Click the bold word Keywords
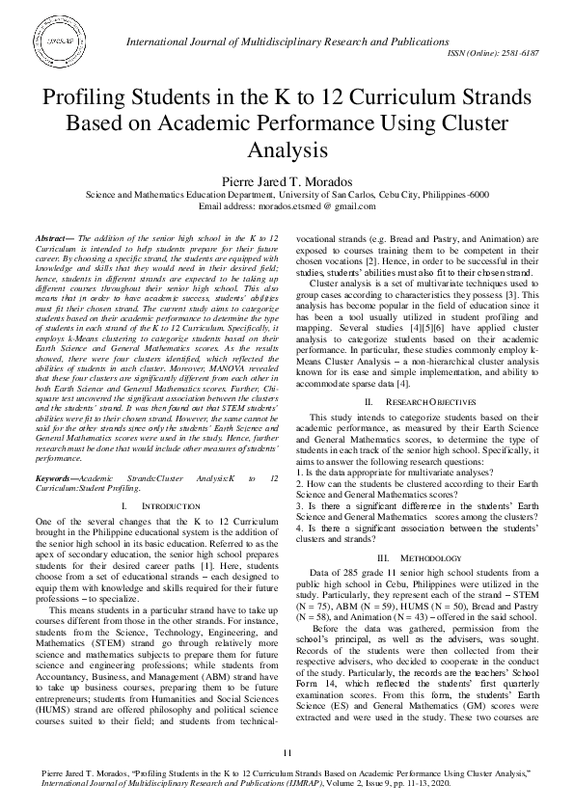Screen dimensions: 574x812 pos(59,478)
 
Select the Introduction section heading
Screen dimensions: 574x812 pos(146,506)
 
